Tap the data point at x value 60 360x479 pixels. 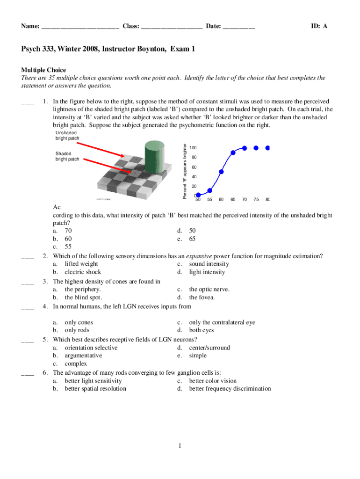(221, 172)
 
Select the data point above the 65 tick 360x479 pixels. (233, 152)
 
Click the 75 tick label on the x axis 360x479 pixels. (256, 200)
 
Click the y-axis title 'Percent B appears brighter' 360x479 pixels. (185, 172)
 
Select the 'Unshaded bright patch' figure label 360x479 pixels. (67, 136)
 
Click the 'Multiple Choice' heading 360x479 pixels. (43, 70)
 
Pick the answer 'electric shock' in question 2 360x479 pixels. (83, 272)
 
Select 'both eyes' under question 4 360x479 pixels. (202, 330)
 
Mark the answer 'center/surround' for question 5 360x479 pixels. (209, 348)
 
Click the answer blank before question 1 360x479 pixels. (28, 102)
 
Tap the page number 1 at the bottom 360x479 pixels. (180, 445)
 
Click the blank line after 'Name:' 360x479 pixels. (80, 27)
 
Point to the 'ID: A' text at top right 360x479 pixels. (319, 26)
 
